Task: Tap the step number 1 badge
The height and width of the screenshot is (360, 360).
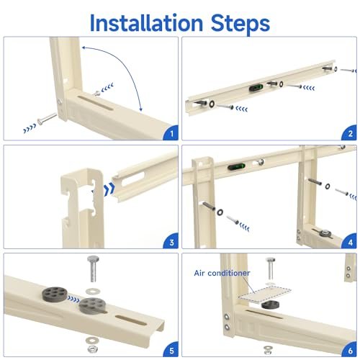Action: pyautogui.click(x=170, y=133)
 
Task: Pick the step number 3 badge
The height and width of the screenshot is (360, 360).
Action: pyautogui.click(x=170, y=242)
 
